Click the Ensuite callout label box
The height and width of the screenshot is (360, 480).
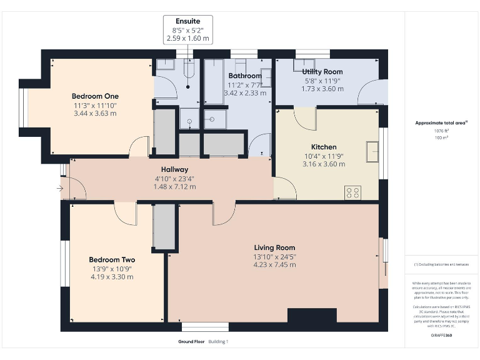pyautogui.click(x=187, y=30)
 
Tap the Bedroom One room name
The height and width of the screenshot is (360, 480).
pyautogui.click(x=94, y=96)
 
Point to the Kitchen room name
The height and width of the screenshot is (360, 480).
pyautogui.click(x=324, y=147)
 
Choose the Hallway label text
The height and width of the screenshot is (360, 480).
pyautogui.click(x=174, y=169)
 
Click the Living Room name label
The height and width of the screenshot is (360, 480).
pyautogui.click(x=274, y=247)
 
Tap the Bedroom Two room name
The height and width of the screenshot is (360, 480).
pyautogui.click(x=112, y=259)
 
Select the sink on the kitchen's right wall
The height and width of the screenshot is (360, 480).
pyautogui.click(x=372, y=151)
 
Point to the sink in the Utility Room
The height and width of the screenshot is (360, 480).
pyautogui.click(x=306, y=62)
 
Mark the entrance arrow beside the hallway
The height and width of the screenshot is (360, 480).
pyautogui.click(x=60, y=188)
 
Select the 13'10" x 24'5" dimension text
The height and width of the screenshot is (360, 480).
pyautogui.click(x=274, y=256)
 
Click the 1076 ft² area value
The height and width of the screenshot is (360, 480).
pyautogui.click(x=440, y=131)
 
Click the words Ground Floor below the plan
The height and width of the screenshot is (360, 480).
pyautogui.click(x=191, y=342)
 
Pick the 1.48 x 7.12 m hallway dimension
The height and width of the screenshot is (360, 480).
pyautogui.click(x=174, y=186)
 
